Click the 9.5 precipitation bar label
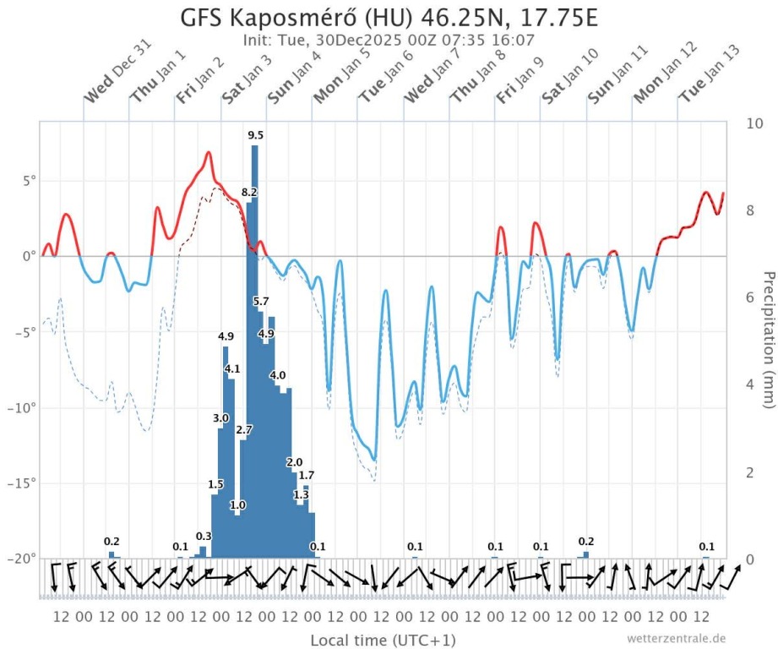pyautogui.click(x=255, y=135)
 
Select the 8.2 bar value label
pyautogui.click(x=249, y=193)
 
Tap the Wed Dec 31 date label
pyautogui.click(x=107, y=85)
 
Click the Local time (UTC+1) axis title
pyautogui.click(x=384, y=639)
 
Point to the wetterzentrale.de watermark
pyautogui.click(x=676, y=638)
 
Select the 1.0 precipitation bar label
pyautogui.click(x=237, y=505)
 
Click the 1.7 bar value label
pyautogui.click(x=307, y=476)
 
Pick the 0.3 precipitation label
pyautogui.click(x=204, y=537)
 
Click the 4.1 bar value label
pyautogui.click(x=232, y=369)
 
